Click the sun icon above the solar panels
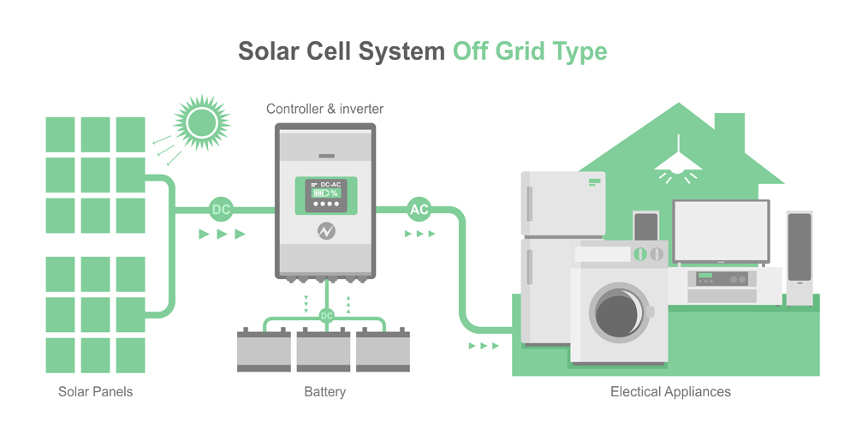(202, 122)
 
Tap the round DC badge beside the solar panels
(221, 209)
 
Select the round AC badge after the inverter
(419, 209)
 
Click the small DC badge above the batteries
(326, 316)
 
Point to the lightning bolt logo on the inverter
(326, 231)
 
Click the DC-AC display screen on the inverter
(326, 195)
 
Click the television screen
(721, 230)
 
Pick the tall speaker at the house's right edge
(800, 257)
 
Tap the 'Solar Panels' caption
(96, 392)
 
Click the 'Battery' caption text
(325, 392)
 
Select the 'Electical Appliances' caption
(670, 392)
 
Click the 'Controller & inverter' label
(325, 109)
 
